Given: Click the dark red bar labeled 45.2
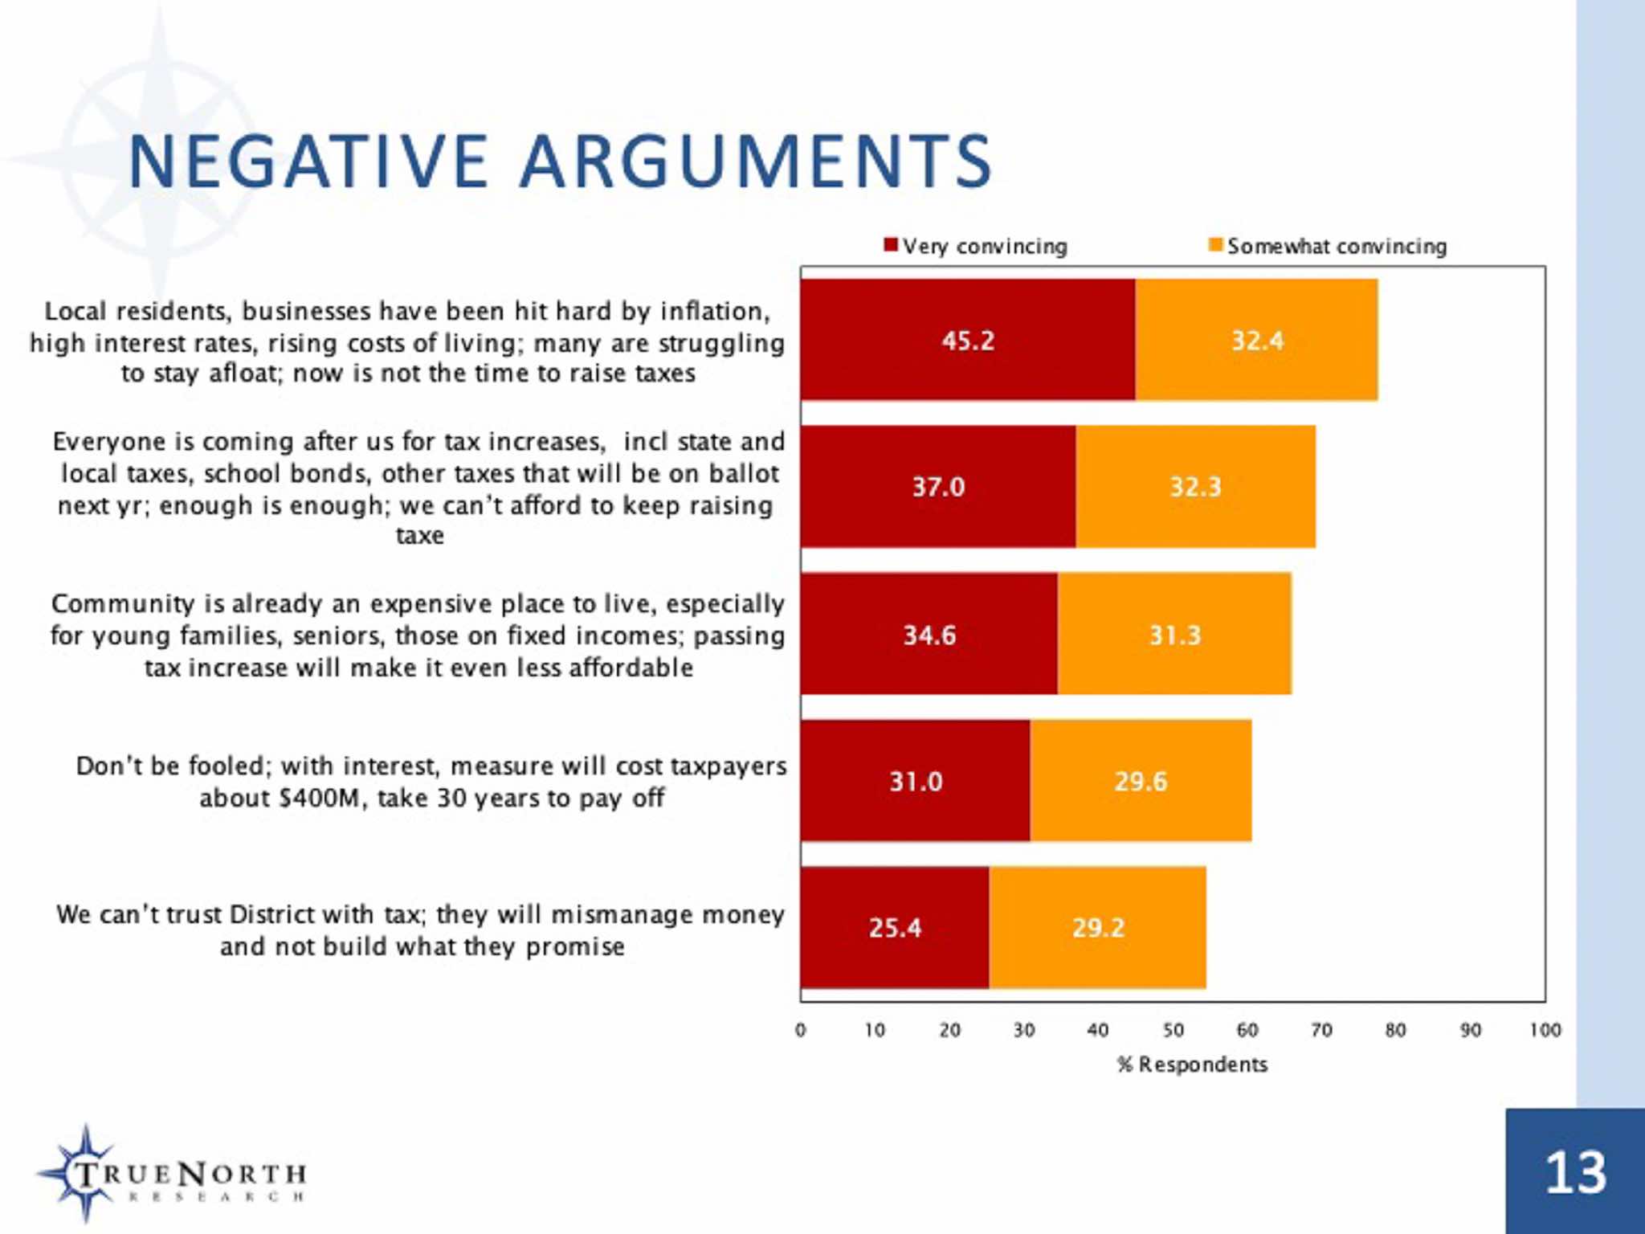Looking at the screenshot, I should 967,340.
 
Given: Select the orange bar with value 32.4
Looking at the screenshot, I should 1256,340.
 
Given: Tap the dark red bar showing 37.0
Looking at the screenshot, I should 937,487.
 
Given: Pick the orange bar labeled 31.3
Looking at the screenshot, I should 1174,635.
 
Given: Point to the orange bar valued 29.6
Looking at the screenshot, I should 1141,781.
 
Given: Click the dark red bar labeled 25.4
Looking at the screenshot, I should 894,928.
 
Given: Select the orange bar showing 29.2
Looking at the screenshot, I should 1097,928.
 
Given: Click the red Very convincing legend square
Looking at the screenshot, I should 890,245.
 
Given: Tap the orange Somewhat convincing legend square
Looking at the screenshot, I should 1215,245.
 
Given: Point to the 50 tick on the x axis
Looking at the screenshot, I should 1173,1031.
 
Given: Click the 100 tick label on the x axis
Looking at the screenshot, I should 1545,1031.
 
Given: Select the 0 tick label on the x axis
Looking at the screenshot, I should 800,1031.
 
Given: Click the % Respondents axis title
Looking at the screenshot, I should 1192,1065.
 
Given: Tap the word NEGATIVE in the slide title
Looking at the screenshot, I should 308,162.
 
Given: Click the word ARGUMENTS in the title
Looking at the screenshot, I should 756,162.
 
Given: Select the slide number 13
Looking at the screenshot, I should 1575,1174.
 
